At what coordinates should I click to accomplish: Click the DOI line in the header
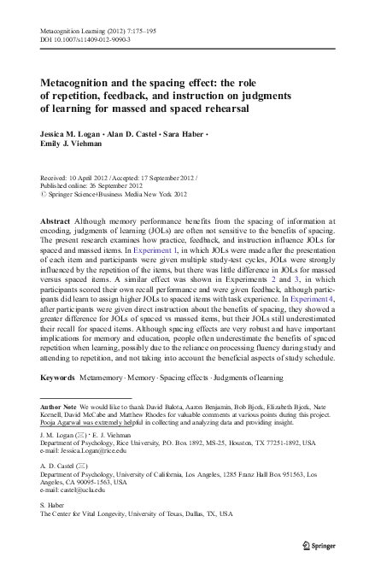pos(83,39)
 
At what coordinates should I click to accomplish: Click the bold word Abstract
pos(56,220)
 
